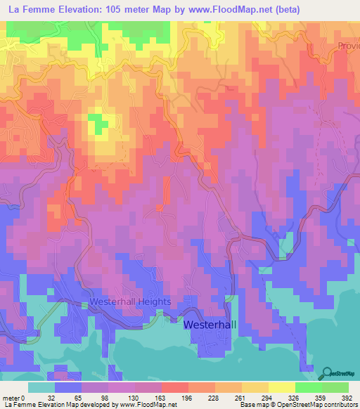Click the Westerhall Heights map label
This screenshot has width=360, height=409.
130,301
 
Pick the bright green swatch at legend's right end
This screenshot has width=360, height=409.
335,388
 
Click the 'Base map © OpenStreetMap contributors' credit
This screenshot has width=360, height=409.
297,405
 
